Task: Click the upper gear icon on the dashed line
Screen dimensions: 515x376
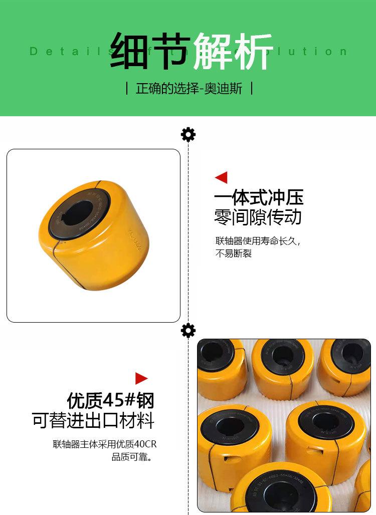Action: click(188, 134)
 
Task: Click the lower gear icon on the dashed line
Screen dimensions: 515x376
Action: click(188, 331)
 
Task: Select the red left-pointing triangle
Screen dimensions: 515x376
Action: click(221, 177)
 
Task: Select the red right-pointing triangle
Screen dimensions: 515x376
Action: click(141, 378)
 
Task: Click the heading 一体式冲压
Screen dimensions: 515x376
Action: click(259, 197)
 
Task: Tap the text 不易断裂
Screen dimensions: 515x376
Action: click(233, 253)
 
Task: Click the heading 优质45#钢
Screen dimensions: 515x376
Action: click(110, 400)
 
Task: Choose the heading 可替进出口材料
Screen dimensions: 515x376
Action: click(93, 420)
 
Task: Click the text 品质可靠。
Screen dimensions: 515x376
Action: click(132, 456)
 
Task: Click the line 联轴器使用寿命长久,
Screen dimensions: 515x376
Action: click(258, 241)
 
